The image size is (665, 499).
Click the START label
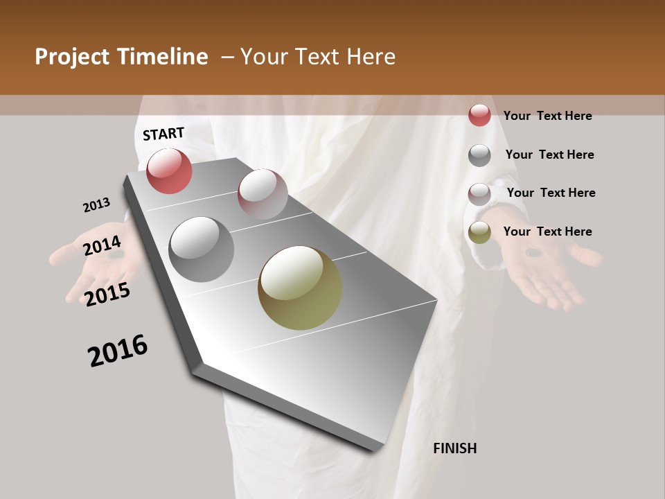click(x=163, y=134)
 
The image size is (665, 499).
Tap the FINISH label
click(x=455, y=448)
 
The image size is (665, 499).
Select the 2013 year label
click(x=97, y=205)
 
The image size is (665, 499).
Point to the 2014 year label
click(x=103, y=246)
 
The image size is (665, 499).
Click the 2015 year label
click(x=107, y=295)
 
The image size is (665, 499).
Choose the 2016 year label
click(x=118, y=351)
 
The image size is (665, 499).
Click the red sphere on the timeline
click(x=170, y=170)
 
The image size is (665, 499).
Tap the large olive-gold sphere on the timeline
click(x=300, y=288)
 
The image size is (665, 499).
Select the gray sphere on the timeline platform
click(x=202, y=249)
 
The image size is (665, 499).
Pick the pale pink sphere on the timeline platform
click(x=263, y=193)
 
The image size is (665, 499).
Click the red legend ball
click(x=479, y=115)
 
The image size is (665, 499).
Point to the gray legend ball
click(x=479, y=155)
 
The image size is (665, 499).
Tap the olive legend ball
click(x=479, y=233)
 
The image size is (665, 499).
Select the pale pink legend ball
click(x=479, y=194)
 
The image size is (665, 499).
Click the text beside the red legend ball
click(x=547, y=116)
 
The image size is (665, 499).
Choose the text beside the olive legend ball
click(x=547, y=231)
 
